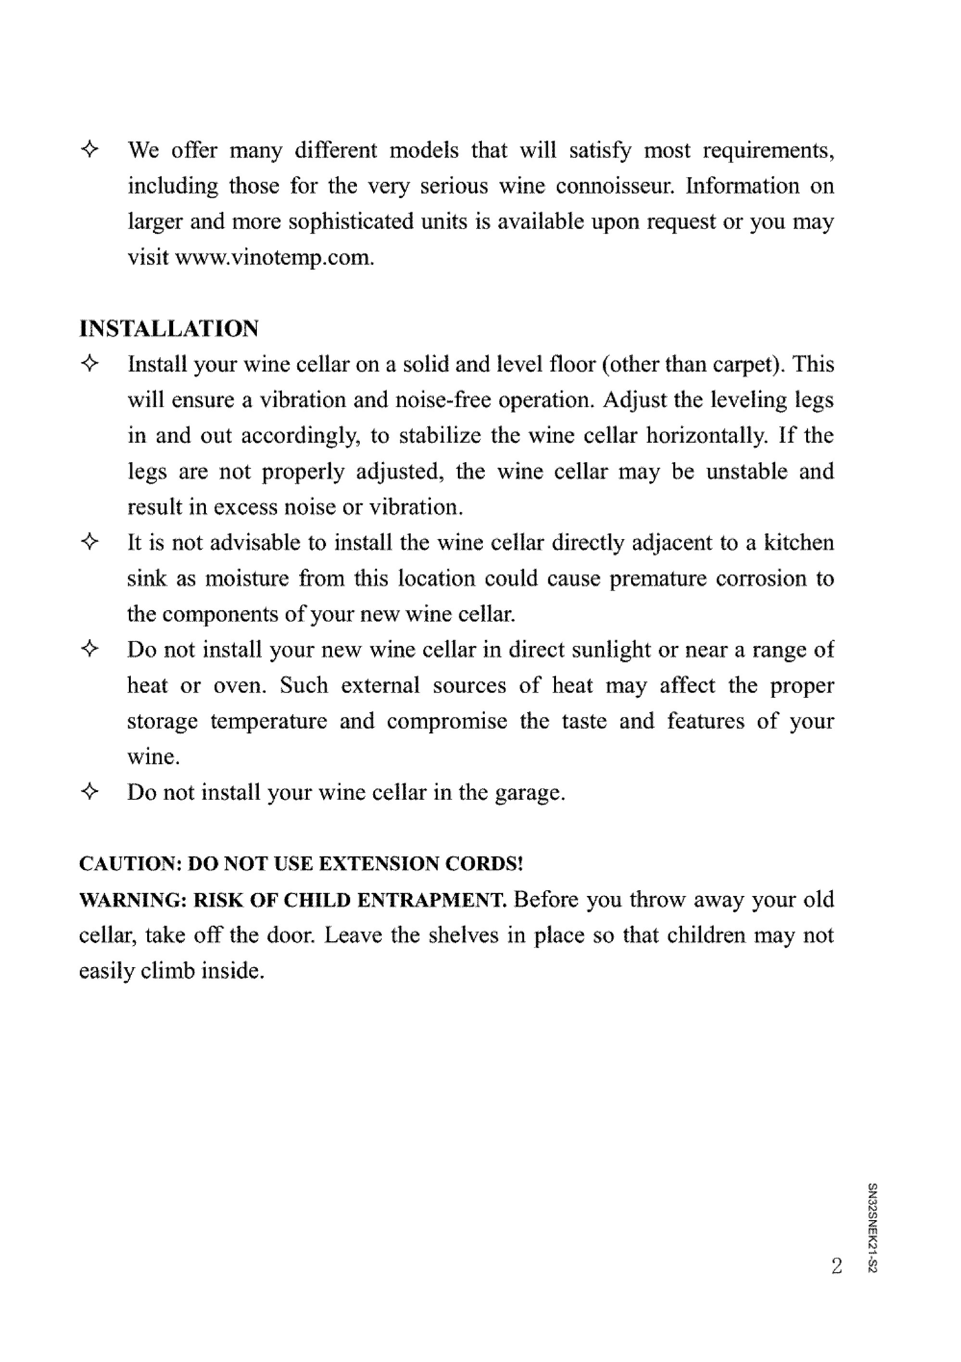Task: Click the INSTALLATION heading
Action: point(169,328)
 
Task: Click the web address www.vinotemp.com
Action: point(276,258)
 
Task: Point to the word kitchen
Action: point(798,543)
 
